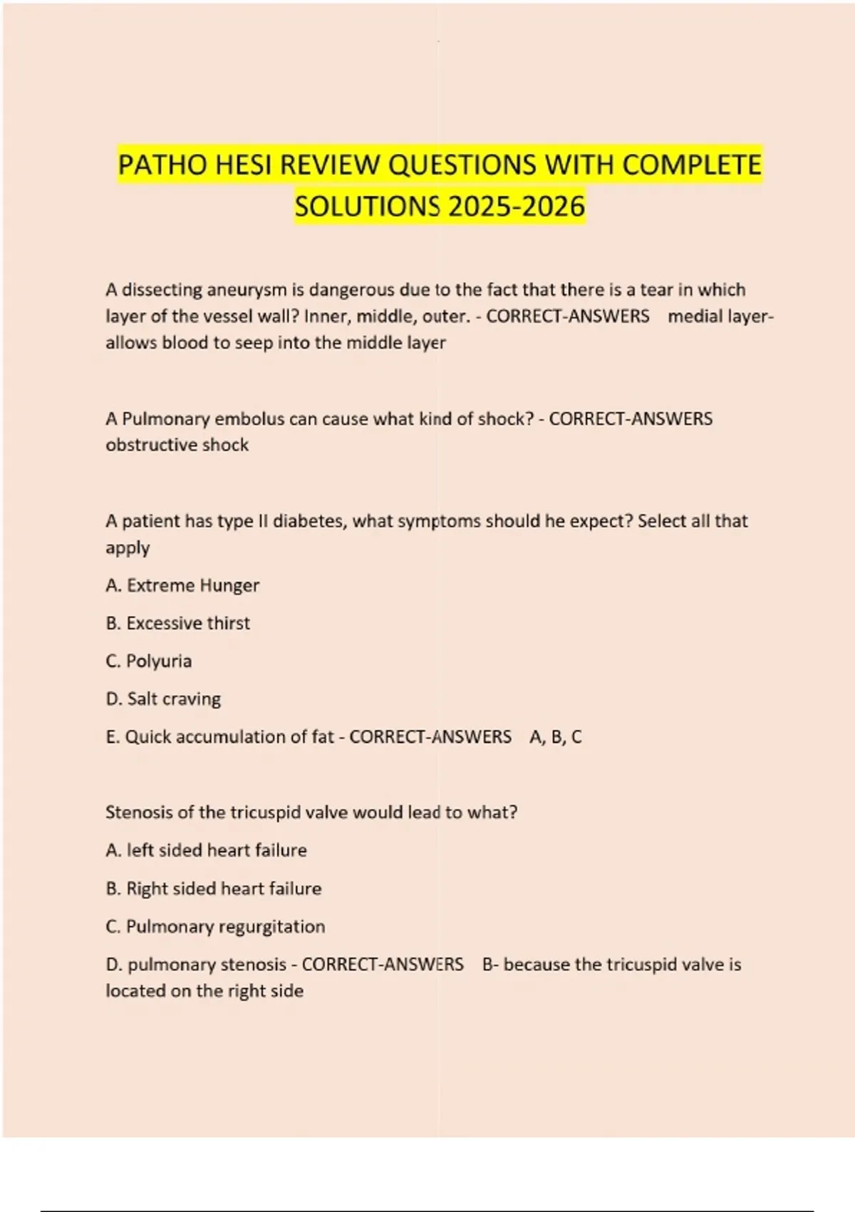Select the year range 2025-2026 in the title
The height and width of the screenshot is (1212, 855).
click(517, 207)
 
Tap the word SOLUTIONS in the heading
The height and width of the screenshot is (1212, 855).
click(368, 207)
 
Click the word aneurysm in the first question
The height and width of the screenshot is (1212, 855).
click(246, 290)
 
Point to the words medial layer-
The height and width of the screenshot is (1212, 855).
click(720, 317)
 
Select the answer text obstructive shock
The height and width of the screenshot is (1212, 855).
click(177, 445)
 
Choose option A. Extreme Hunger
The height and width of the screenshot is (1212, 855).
click(182, 585)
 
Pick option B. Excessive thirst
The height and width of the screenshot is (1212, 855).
click(178, 623)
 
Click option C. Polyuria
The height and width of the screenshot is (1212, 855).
click(149, 661)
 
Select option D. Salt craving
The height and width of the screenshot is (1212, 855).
click(163, 699)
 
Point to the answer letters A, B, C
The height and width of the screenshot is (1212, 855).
click(556, 737)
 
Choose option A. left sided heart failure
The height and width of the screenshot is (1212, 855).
click(206, 851)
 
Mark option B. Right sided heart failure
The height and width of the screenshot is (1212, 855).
click(214, 888)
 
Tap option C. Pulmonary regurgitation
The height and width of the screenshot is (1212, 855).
click(215, 927)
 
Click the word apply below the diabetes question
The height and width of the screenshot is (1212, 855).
click(128, 548)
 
